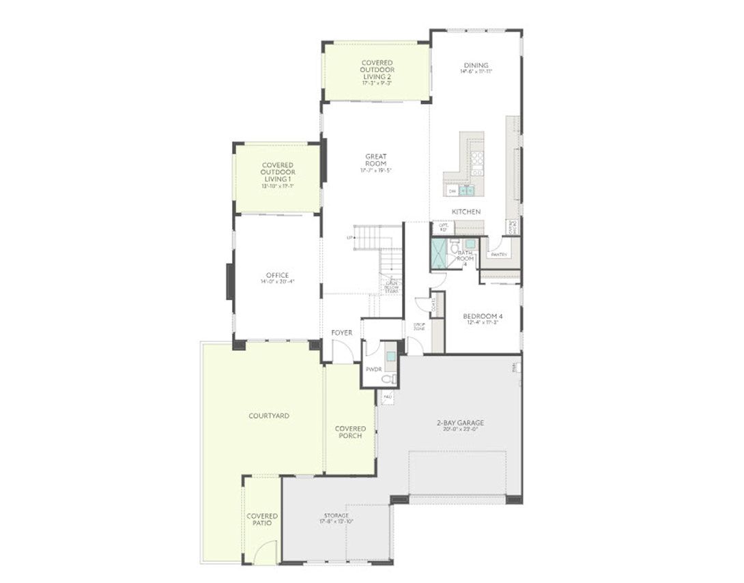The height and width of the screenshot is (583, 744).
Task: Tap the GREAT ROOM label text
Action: click(x=375, y=160)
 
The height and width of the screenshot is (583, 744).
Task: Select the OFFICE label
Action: click(x=277, y=276)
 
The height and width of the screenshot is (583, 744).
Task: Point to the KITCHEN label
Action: click(x=466, y=212)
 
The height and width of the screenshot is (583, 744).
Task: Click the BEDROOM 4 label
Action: click(x=483, y=316)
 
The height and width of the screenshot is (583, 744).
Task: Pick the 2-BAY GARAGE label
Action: click(x=460, y=423)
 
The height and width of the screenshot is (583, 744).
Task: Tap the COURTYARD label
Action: click(x=269, y=416)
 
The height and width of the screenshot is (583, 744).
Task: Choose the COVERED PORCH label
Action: click(x=350, y=432)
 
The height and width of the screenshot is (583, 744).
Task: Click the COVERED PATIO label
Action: click(x=262, y=520)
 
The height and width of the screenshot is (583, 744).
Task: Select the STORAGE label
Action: click(x=337, y=515)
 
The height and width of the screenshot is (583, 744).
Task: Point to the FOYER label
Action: click(x=342, y=333)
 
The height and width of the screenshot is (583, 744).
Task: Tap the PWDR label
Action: click(x=373, y=369)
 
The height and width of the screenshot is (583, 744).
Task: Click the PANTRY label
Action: click(x=499, y=255)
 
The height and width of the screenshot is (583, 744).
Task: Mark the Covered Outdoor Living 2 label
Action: click(x=377, y=70)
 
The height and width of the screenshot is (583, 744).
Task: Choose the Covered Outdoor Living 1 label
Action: click(x=278, y=173)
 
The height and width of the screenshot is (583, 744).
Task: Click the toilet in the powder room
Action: click(x=388, y=378)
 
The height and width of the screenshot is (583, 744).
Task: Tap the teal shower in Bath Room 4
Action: click(x=438, y=253)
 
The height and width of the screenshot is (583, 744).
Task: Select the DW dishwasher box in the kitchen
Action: click(x=453, y=192)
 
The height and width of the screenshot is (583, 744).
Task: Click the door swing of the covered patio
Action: click(x=267, y=552)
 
